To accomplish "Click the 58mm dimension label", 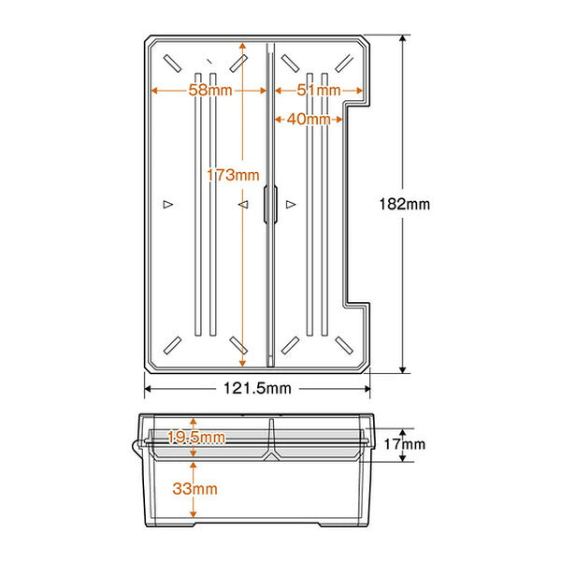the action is pos(210,90).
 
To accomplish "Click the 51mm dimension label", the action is pos(319,90).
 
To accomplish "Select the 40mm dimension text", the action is pos(309,119).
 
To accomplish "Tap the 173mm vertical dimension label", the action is pos(233,175).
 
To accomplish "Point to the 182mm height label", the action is pos(404,204).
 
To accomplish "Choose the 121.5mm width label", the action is pos(257,388).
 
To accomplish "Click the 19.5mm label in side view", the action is pos(196,437).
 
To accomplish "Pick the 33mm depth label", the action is pos(195,488).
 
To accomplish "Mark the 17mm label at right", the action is pos(405,444).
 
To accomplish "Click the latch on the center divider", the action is pos(270,204).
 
